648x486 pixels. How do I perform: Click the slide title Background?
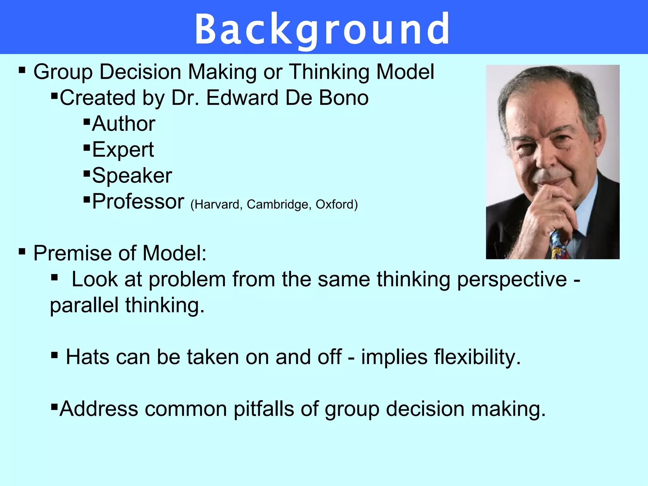[322, 29]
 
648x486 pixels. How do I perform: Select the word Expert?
[123, 150]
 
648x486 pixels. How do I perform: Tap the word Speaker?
[132, 176]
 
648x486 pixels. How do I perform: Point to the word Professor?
[138, 201]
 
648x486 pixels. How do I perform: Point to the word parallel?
[84, 305]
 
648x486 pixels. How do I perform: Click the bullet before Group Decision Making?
[22, 70]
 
